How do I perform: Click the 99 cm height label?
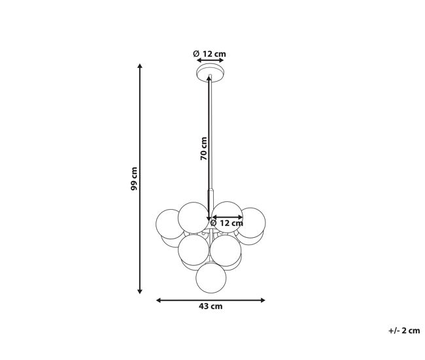134,178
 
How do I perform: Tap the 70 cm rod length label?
204,148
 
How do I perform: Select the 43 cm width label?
211,306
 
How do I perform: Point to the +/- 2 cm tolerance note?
404,331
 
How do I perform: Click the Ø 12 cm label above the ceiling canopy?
209,54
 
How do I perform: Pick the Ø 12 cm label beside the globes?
227,223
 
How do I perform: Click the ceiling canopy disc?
211,73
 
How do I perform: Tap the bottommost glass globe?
211,278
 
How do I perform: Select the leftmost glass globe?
170,224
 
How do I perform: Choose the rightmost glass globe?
252,223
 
